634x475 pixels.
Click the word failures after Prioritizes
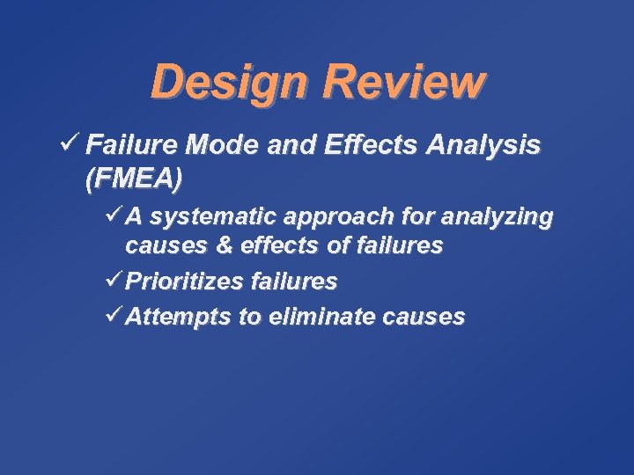293,281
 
